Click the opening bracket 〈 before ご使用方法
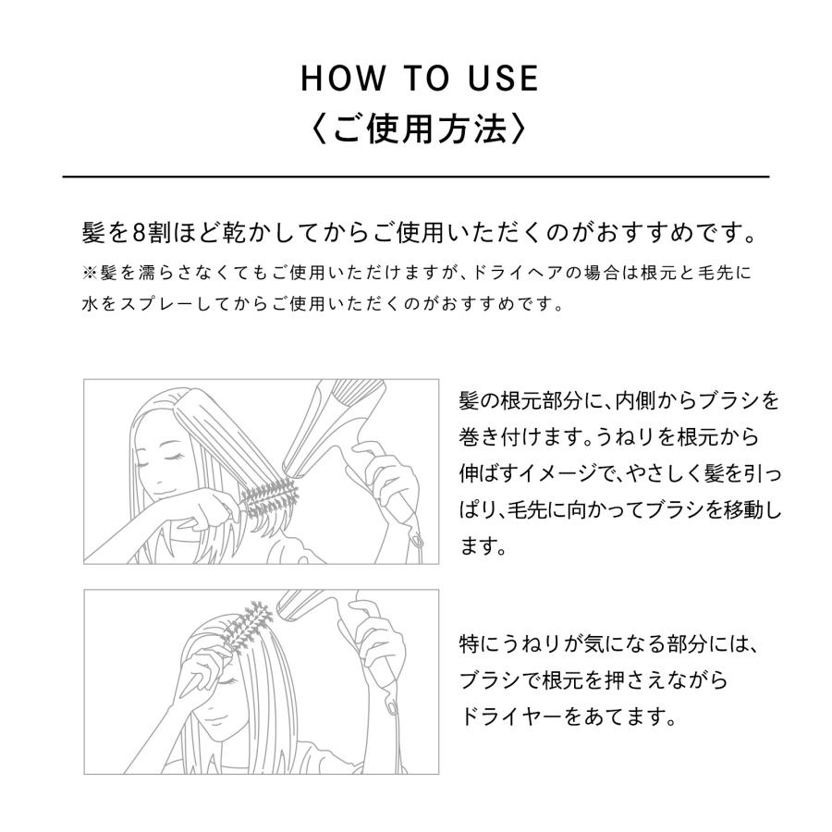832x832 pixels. (x=317, y=128)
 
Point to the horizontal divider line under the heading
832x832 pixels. (x=416, y=176)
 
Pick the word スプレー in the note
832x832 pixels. (x=152, y=303)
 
